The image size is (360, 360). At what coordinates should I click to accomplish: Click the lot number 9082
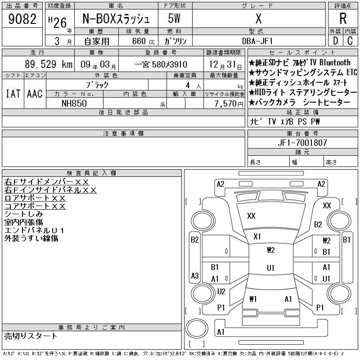pos(22,19)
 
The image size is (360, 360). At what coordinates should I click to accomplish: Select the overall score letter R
pos(343,19)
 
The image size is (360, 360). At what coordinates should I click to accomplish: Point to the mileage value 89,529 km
pos(49,65)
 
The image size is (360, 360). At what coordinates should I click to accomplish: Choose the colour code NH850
pos(74,103)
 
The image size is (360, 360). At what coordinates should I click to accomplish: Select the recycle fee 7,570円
pos(223,103)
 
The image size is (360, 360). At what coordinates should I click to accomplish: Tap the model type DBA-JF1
pos(258,41)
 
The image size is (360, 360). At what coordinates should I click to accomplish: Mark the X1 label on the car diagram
pos(257,236)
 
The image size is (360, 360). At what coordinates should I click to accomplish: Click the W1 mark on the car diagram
pos(252,299)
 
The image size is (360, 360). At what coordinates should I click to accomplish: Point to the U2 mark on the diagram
pos(221,291)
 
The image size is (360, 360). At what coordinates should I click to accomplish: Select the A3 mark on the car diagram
pos(194,275)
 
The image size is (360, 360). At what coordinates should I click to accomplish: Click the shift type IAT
pos(13,94)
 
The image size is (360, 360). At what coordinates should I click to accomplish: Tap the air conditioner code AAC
pos(35,94)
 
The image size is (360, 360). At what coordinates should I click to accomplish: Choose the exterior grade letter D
pos(335,41)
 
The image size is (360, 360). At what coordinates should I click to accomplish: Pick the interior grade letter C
pos(350,41)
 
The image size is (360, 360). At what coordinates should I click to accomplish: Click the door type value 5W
pos(174,19)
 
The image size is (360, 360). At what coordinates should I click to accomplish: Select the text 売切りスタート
pos(31,336)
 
